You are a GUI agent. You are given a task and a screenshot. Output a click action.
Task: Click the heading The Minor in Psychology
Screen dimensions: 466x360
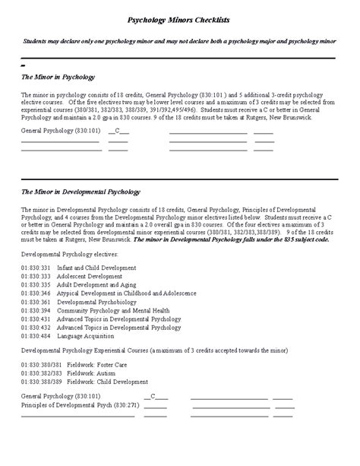58,77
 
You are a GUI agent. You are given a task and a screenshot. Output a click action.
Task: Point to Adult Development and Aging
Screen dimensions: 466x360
99,285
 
